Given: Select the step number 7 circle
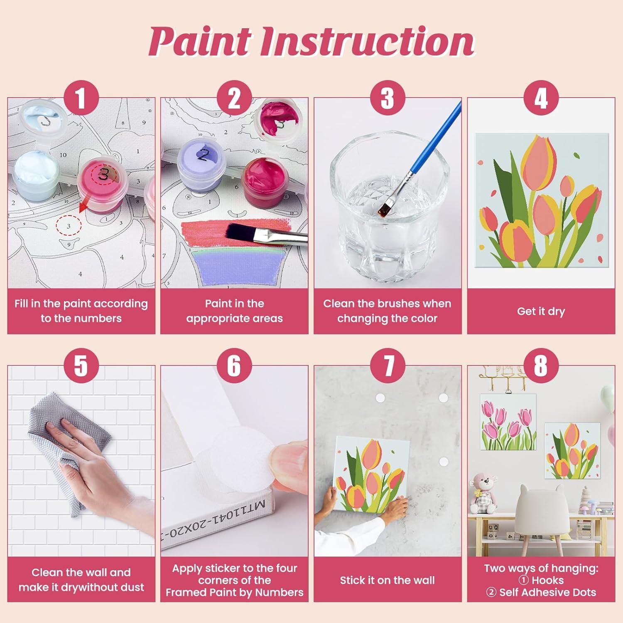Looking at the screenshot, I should click(388, 365).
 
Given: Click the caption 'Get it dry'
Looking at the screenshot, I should click(541, 311).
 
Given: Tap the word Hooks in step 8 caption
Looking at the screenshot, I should click(547, 580).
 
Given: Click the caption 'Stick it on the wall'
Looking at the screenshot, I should click(387, 580).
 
